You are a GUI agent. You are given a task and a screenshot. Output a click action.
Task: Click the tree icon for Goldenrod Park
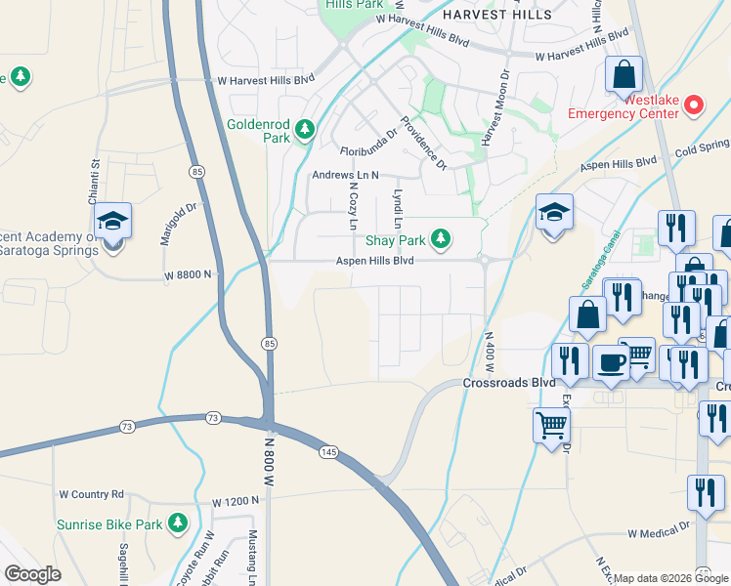click(306, 129)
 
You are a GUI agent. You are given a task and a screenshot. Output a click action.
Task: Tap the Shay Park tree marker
click(441, 238)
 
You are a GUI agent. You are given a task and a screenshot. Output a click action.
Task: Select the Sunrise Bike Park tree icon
click(177, 524)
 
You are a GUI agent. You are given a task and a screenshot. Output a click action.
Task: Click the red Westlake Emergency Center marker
click(694, 104)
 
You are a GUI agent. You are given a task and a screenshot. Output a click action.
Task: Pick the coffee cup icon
click(613, 361)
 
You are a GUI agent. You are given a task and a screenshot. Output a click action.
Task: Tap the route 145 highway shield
click(327, 450)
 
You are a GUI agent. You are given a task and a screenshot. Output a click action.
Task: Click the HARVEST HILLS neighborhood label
click(496, 15)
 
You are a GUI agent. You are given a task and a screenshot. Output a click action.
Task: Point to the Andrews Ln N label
click(344, 176)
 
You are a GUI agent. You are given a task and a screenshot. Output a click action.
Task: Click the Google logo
click(33, 574)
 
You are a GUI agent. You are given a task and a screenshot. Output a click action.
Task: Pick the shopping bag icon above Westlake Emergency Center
click(623, 74)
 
